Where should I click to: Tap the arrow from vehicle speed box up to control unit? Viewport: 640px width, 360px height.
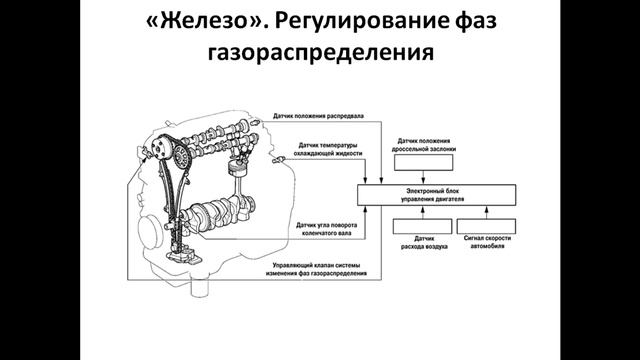(x=487, y=209)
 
